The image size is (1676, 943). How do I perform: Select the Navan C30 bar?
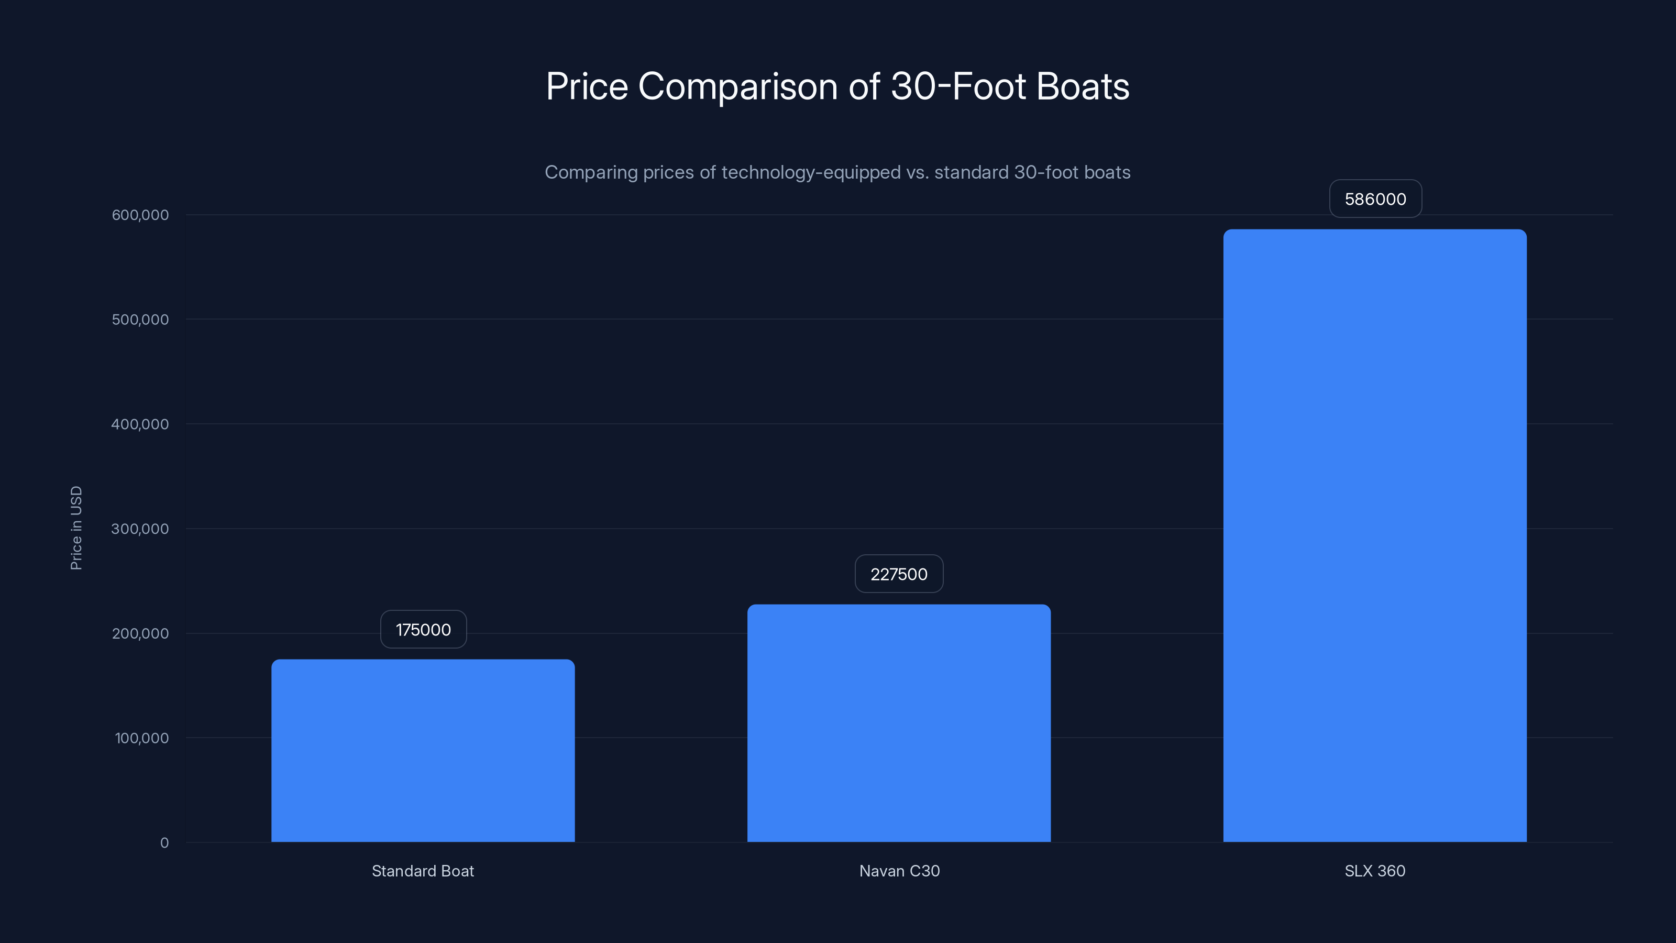[899, 723]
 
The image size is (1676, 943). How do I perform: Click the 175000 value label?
[423, 629]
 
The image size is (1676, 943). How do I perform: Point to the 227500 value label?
[899, 574]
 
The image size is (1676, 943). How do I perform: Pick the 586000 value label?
[1375, 199]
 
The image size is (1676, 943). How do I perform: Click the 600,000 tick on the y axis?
[140, 215]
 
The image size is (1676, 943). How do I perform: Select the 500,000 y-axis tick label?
[140, 320]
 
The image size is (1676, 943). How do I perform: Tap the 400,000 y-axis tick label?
[140, 424]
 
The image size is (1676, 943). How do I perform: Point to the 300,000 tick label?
[140, 529]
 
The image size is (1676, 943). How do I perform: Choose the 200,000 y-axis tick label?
[140, 633]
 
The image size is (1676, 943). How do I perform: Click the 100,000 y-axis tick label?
[141, 738]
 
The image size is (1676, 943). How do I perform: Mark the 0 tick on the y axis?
[164, 843]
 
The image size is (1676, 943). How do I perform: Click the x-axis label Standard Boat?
[423, 871]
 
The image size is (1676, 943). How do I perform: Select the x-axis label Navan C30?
[899, 871]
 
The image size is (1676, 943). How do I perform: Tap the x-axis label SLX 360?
[1375, 871]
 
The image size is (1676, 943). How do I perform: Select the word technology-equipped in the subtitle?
[811, 172]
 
